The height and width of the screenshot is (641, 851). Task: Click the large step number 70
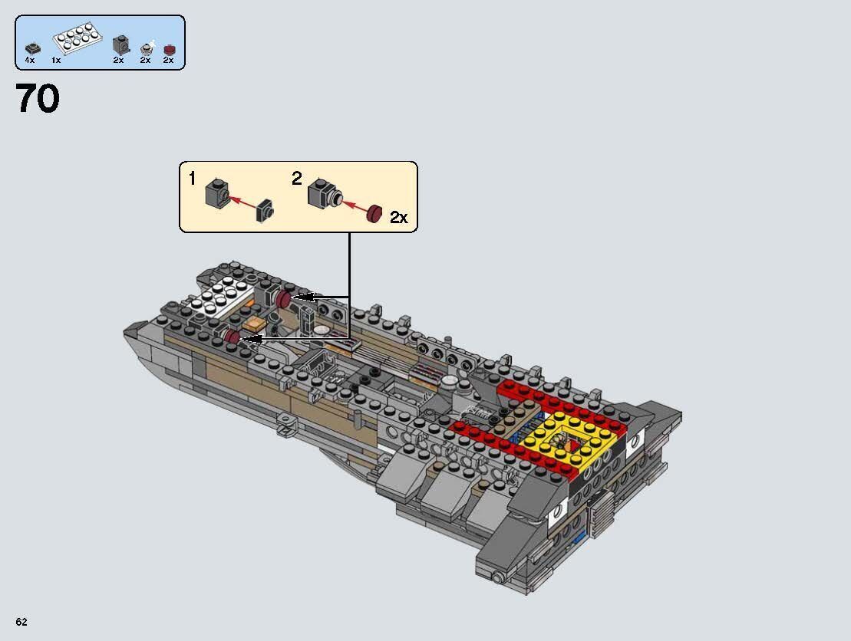(x=37, y=100)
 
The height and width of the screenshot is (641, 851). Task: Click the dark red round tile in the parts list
(x=169, y=49)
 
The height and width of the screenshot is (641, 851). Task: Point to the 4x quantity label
(x=29, y=60)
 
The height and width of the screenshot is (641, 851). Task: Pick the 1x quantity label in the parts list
(x=56, y=60)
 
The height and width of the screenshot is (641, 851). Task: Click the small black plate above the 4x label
(x=31, y=48)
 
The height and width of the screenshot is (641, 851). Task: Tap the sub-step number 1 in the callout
(x=192, y=179)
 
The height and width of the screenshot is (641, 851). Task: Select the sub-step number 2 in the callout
(x=297, y=179)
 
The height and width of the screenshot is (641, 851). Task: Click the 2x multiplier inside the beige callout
(x=399, y=218)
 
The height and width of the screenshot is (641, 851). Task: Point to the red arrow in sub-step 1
(x=244, y=202)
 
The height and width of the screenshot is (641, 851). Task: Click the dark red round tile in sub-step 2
(x=374, y=212)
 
